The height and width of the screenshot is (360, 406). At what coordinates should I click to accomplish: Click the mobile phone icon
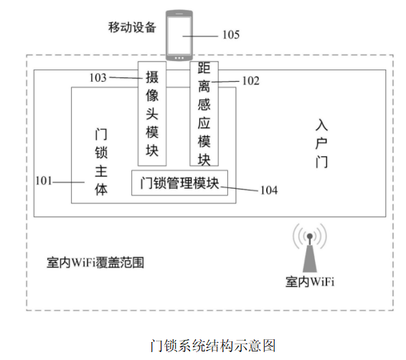[x=179, y=36]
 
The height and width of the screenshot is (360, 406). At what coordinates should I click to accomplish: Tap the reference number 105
[x=231, y=34]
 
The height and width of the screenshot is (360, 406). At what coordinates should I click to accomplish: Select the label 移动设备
[x=132, y=27]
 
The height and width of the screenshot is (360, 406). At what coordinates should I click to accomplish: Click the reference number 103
[x=98, y=77]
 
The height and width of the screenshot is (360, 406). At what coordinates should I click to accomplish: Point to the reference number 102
[x=250, y=81]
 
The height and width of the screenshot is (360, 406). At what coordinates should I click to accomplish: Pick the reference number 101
[x=44, y=181]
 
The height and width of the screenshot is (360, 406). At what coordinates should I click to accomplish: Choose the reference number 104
[x=269, y=190]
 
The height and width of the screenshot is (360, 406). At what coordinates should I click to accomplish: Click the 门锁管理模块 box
[x=180, y=183]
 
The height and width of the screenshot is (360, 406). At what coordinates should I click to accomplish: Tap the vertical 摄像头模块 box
[x=152, y=113]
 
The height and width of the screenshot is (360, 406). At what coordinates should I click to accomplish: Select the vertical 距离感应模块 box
[x=204, y=113]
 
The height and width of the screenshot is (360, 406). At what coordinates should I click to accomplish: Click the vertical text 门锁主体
[x=101, y=162]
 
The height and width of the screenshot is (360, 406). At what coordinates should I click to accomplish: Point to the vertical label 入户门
[x=321, y=143]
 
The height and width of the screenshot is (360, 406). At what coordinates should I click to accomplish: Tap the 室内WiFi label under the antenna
[x=310, y=282]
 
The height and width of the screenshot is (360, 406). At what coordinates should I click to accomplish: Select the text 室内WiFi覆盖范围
[x=95, y=262]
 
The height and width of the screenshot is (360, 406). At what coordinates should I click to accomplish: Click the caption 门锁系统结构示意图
[x=213, y=346]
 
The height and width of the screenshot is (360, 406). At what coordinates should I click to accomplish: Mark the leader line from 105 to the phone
[x=200, y=37]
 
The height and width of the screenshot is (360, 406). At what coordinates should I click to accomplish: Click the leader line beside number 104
[x=240, y=189]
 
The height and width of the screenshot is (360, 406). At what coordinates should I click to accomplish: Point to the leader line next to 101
[x=69, y=182]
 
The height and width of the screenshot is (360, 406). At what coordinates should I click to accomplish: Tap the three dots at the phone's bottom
[x=179, y=58]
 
